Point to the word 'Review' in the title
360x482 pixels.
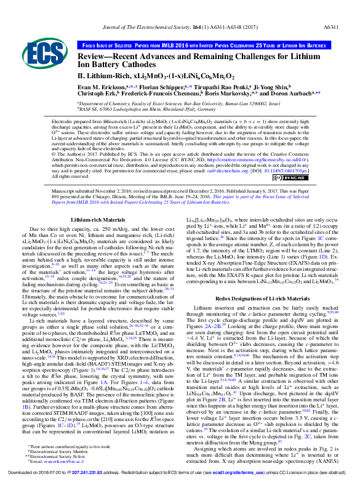[96, 55]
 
